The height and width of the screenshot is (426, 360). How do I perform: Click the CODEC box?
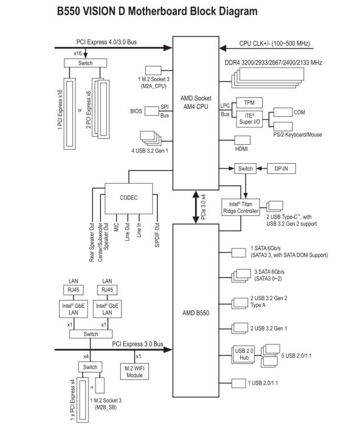[128, 198]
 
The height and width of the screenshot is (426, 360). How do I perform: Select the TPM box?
[249, 103]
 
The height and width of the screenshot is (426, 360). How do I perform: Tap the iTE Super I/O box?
[249, 119]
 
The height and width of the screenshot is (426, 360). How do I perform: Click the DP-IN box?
[282, 169]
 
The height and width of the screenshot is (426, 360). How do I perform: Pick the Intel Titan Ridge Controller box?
[241, 208]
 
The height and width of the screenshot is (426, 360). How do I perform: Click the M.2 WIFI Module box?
[134, 372]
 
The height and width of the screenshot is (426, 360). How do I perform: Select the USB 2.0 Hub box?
[244, 354]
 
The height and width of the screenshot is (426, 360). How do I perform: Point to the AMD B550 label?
[196, 313]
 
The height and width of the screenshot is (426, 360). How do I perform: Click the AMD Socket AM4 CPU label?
[196, 102]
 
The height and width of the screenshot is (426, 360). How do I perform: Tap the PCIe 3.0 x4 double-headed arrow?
[196, 207]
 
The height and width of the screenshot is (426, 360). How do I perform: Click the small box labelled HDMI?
[242, 140]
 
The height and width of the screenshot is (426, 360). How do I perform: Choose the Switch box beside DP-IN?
[246, 169]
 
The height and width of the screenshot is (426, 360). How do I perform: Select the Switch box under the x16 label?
[85, 63]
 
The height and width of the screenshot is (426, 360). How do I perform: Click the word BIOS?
[136, 111]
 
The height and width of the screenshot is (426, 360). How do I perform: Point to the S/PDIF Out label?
[157, 235]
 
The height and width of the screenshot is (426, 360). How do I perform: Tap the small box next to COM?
[283, 112]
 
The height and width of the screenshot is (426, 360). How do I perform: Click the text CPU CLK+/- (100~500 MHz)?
[274, 43]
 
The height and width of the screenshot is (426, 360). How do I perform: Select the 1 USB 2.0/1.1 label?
[263, 383]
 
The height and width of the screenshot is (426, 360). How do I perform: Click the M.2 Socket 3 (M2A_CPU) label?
[154, 83]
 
